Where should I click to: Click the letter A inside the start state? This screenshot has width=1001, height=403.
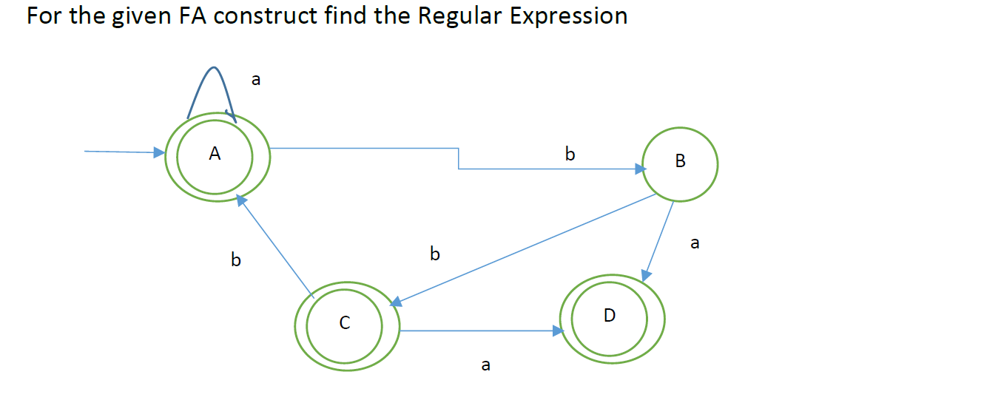click(x=215, y=154)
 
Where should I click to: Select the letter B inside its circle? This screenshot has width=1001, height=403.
click(x=681, y=161)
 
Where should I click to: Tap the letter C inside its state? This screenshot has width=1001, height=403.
click(x=344, y=323)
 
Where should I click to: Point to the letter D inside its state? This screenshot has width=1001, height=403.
click(x=609, y=316)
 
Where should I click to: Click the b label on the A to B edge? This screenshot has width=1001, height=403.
click(x=569, y=155)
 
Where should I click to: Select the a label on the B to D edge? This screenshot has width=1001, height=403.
click(x=694, y=243)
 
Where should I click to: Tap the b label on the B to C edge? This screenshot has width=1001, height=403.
click(x=435, y=254)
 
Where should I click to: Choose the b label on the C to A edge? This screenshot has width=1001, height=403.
click(x=236, y=260)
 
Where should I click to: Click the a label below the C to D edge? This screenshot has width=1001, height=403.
click(x=485, y=365)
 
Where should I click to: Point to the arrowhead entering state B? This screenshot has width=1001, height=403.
click(x=640, y=169)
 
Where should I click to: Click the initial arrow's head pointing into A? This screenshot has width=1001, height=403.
click(x=159, y=152)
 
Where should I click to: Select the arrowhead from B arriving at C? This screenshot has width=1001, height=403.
click(x=396, y=302)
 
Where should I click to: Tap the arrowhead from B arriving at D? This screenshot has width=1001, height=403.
click(x=646, y=275)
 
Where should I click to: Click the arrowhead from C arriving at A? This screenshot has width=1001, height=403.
click(x=240, y=200)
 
